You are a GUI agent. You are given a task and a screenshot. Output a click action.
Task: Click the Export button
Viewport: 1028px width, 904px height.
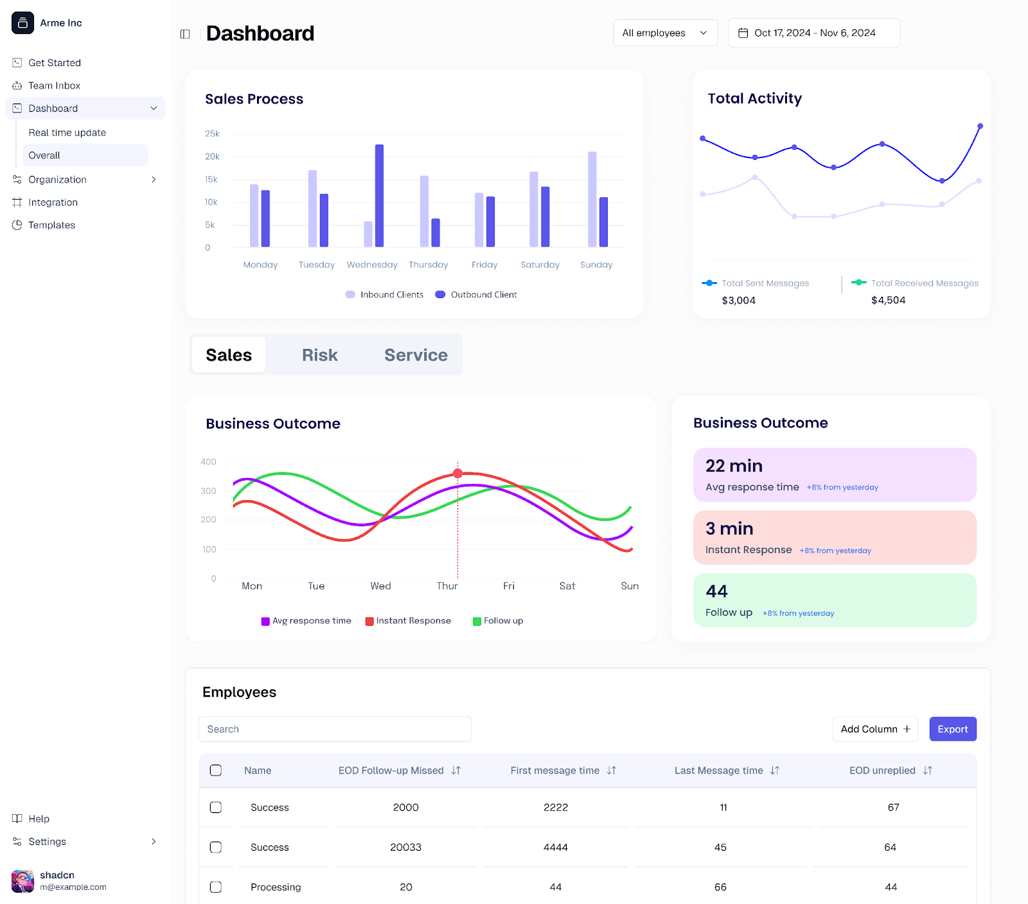[952, 729]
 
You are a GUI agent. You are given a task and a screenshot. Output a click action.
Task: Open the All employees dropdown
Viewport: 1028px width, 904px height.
[665, 33]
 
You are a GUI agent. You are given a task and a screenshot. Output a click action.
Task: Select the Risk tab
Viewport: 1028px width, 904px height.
[319, 355]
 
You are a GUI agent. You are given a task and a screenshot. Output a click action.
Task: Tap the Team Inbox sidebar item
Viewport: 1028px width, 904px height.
[54, 85]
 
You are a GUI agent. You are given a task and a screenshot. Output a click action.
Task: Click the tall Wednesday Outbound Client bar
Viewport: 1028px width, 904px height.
[379, 196]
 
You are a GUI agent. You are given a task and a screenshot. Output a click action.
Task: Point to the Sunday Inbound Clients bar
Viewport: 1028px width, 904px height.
[592, 199]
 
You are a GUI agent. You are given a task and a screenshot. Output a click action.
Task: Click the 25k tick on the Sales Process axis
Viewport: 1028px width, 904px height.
[211, 134]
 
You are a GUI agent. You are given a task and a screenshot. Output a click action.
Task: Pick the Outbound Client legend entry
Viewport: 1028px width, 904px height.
[476, 295]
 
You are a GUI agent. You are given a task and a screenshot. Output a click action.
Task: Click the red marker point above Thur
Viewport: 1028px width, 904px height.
[457, 474]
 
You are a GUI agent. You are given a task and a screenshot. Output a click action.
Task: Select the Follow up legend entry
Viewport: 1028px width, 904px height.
[498, 621]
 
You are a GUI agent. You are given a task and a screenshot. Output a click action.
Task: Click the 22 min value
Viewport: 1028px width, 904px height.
[734, 466]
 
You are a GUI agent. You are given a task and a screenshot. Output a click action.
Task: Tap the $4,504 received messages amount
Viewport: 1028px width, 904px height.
[888, 301]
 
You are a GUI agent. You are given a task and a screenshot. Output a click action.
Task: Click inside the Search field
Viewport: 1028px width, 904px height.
[335, 729]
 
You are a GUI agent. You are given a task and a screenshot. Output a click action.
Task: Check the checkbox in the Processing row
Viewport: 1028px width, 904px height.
[216, 887]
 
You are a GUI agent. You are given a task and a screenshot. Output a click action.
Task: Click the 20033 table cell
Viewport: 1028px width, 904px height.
[405, 847]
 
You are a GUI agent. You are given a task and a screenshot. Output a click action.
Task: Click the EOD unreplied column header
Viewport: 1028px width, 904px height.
[882, 770]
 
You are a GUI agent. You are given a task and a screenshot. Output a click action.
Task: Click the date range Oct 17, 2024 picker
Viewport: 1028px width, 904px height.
[813, 33]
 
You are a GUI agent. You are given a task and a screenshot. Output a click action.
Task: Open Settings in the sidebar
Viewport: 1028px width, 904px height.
[47, 842]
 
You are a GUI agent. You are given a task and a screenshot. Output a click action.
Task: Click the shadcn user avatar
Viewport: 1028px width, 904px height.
[22, 881]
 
